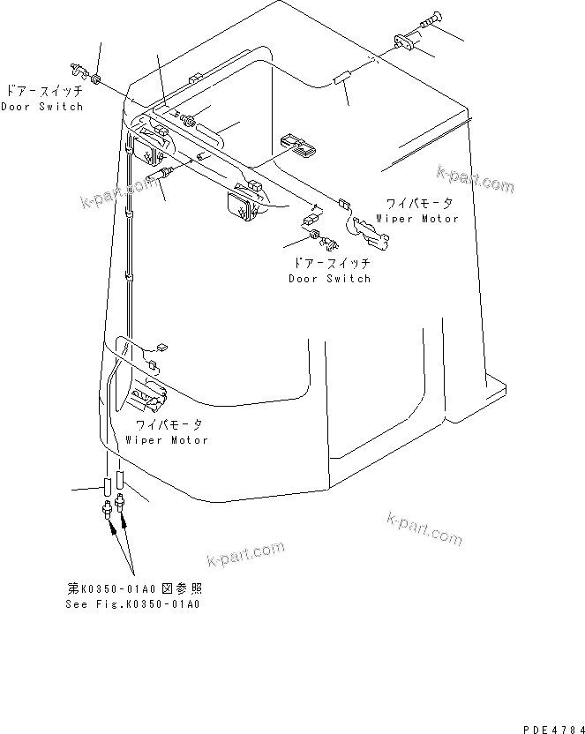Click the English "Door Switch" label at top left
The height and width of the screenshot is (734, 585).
pos(41,107)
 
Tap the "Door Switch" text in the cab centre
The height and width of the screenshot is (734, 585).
pos(330,279)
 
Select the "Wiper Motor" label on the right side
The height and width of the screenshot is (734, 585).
pos(417,218)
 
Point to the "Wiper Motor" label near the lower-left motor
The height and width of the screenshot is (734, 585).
pos(167,439)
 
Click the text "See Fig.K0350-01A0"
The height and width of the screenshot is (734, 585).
pos(132,604)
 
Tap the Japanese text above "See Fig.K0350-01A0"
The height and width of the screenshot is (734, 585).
pos(140,588)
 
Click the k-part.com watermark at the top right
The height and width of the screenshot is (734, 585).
pos(475,181)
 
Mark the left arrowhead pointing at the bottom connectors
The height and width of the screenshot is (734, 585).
pos(111,528)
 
